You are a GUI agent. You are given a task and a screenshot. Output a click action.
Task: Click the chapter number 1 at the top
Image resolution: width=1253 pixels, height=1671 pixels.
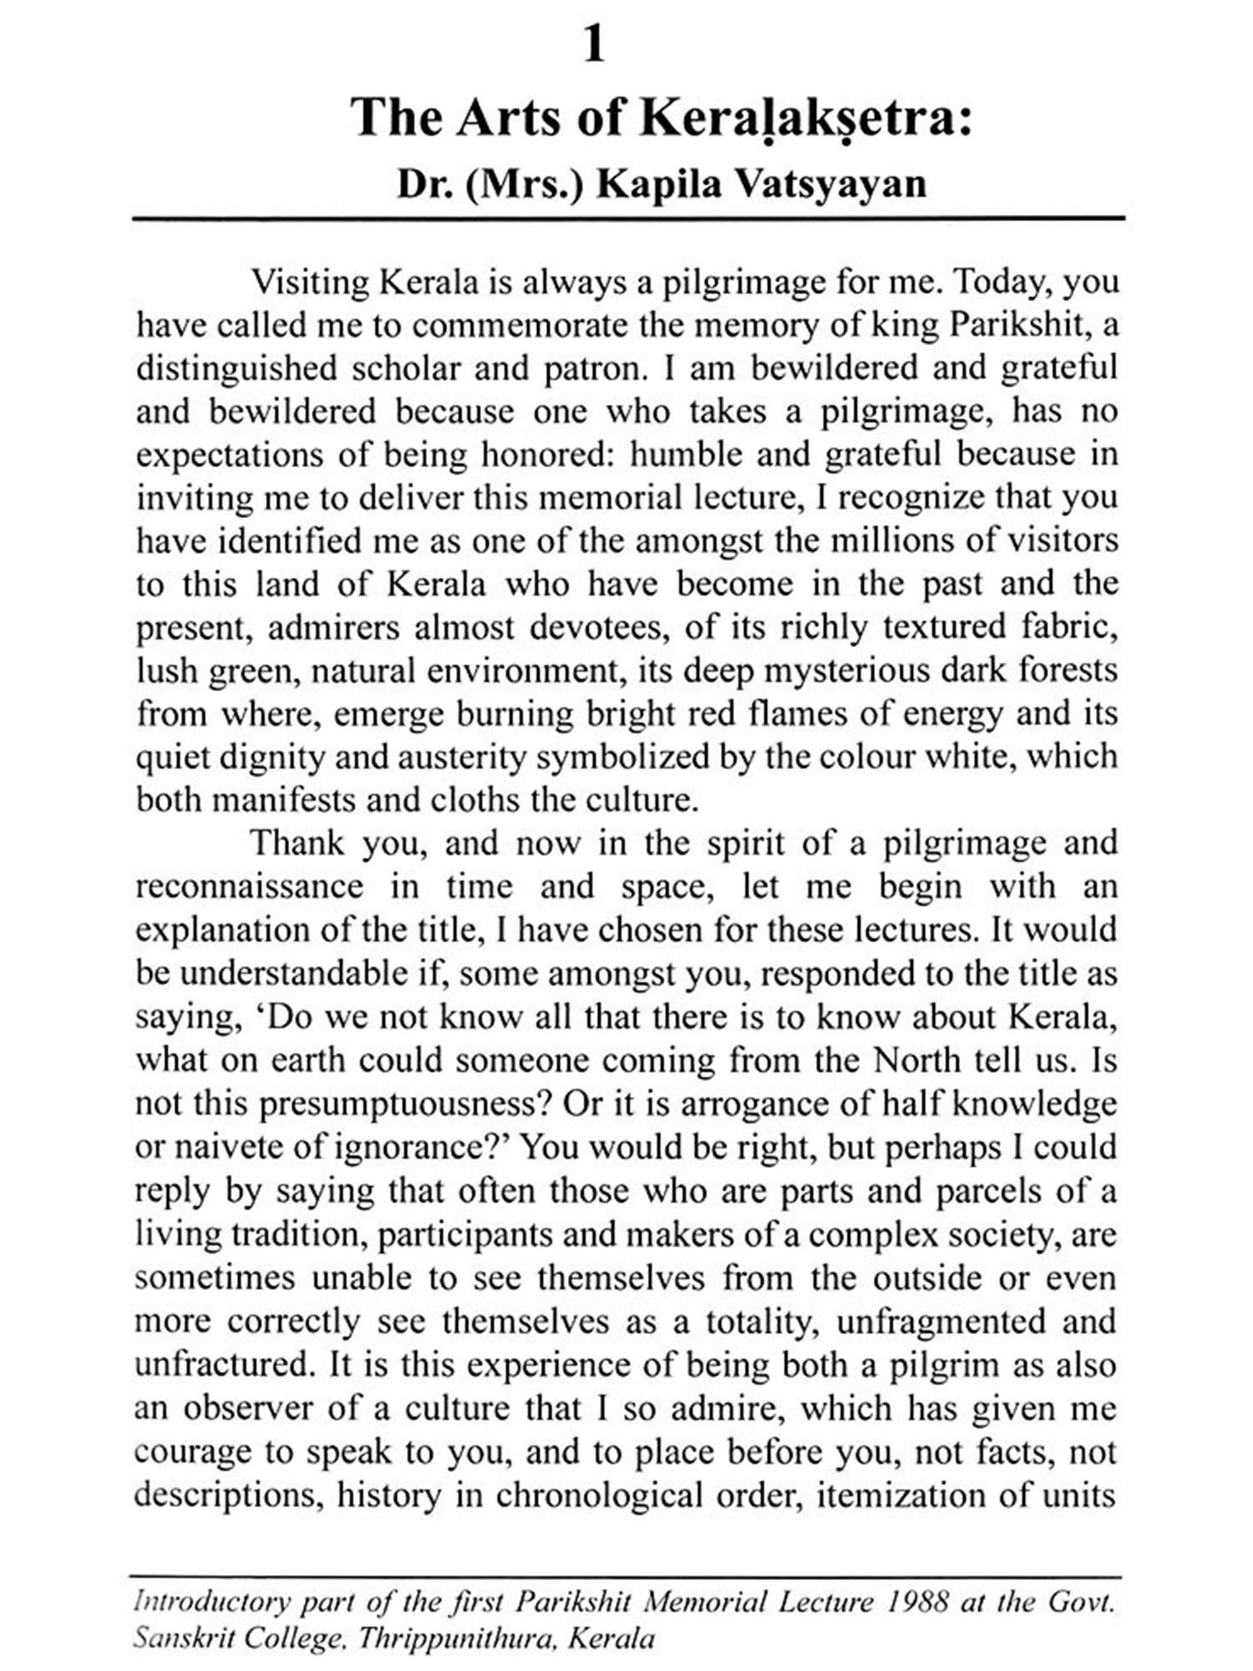pyautogui.click(x=594, y=45)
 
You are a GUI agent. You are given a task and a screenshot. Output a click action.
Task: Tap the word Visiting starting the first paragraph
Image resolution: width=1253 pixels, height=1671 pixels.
pyautogui.click(x=311, y=282)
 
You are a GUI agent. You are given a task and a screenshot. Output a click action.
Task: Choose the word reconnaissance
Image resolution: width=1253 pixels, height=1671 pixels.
pyautogui.click(x=249, y=886)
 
